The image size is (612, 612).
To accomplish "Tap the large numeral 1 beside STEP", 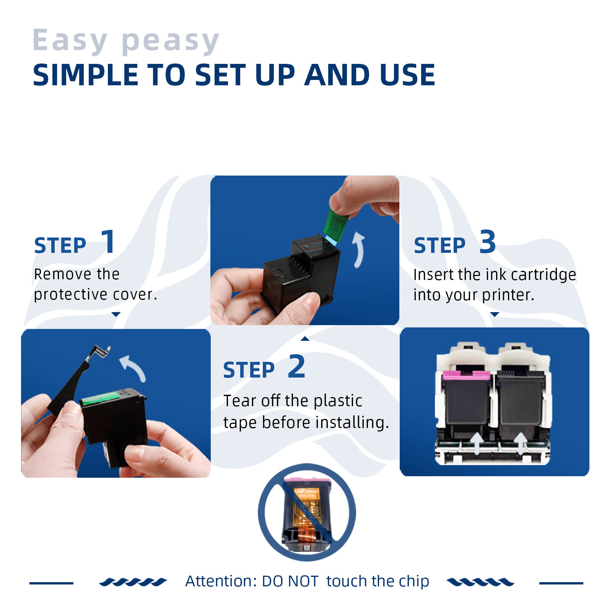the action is [109, 242].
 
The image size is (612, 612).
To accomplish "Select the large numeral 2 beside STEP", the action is [297, 366].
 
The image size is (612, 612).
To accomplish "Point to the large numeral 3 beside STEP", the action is [488, 242].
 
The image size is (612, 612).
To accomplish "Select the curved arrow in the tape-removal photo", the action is [359, 249].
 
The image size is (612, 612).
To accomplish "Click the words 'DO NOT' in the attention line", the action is [290, 581].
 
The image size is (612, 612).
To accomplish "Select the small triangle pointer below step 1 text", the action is [116, 314].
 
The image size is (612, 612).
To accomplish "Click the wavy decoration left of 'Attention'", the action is [133, 582].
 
